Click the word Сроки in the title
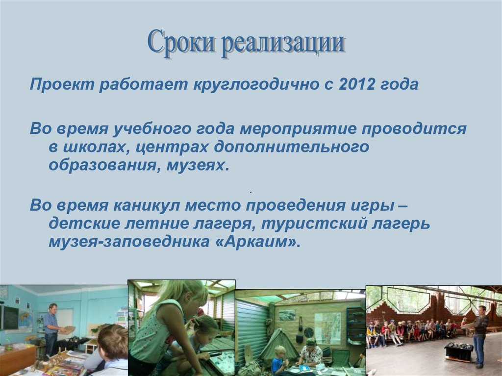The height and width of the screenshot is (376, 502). [180, 42]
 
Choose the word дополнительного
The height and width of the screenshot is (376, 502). [292, 148]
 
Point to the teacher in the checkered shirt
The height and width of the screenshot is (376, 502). [51, 330]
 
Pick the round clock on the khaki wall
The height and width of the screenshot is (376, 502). [309, 332]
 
